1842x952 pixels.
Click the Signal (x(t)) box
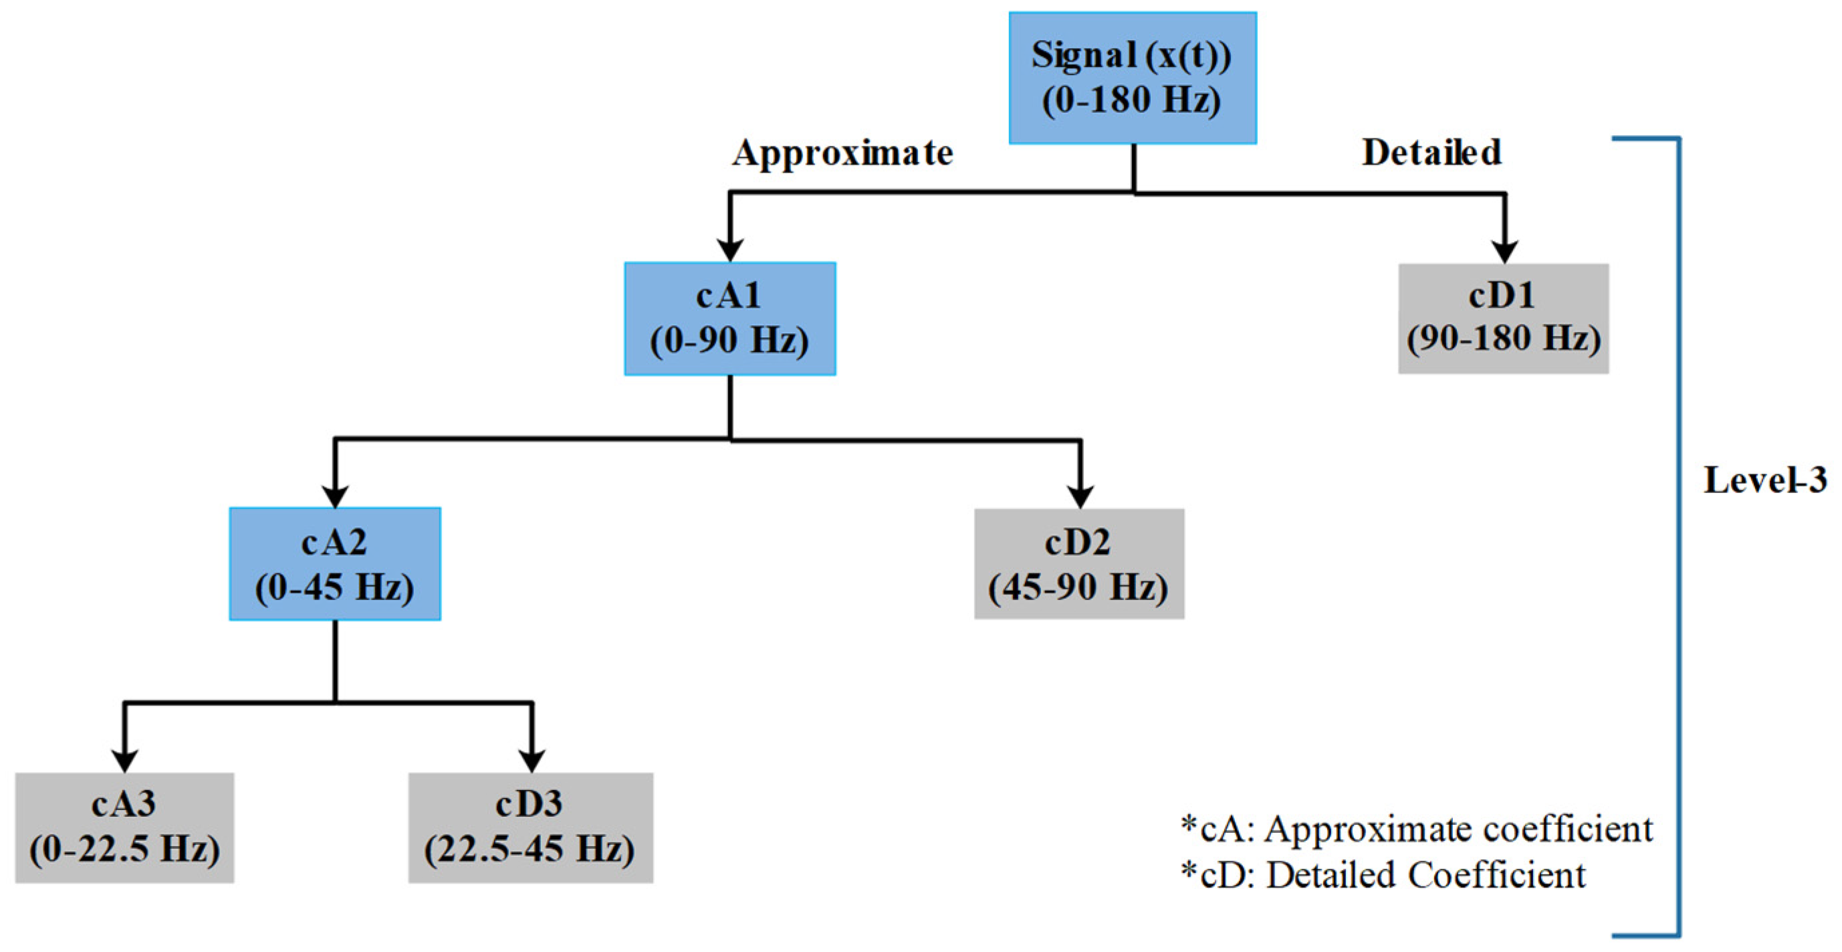pyautogui.click(x=1132, y=77)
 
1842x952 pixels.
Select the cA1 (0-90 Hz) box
pyautogui.click(x=729, y=318)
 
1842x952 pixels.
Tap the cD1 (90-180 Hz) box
pyautogui.click(x=1503, y=318)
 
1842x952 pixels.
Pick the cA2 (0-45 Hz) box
pyautogui.click(x=335, y=563)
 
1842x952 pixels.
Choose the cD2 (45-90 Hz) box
pyautogui.click(x=1078, y=563)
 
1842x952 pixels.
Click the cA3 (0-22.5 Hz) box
pyautogui.click(x=124, y=827)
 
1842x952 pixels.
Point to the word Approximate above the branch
pyautogui.click(x=842, y=153)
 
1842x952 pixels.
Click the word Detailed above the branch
pyautogui.click(x=1431, y=153)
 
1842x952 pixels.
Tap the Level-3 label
pyautogui.click(x=1764, y=480)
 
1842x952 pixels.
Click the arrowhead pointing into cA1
pyautogui.click(x=729, y=250)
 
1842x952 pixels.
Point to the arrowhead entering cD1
pyautogui.click(x=1504, y=252)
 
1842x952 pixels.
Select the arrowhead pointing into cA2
pyautogui.click(x=335, y=496)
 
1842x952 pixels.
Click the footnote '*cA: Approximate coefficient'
pyautogui.click(x=1416, y=830)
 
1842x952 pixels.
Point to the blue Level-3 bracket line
pyautogui.click(x=1678, y=537)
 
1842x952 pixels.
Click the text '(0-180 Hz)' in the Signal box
pyautogui.click(x=1131, y=100)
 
